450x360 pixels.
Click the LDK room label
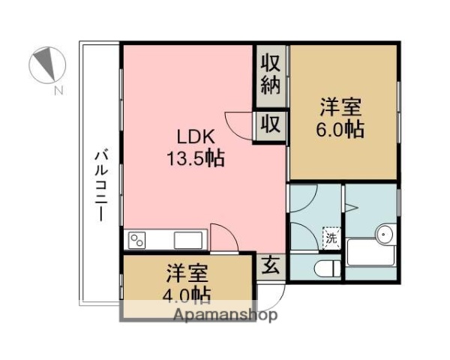coord(196,137)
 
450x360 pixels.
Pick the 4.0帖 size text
coord(187,291)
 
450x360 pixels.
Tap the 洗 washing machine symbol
coord(331,239)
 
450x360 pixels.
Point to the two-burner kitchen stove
coord(138,240)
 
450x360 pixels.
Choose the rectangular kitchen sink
coord(187,240)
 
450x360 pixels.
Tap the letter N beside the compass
coord(58,91)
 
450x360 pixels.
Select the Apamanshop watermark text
coord(224,314)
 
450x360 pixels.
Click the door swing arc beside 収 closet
coord(240,126)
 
